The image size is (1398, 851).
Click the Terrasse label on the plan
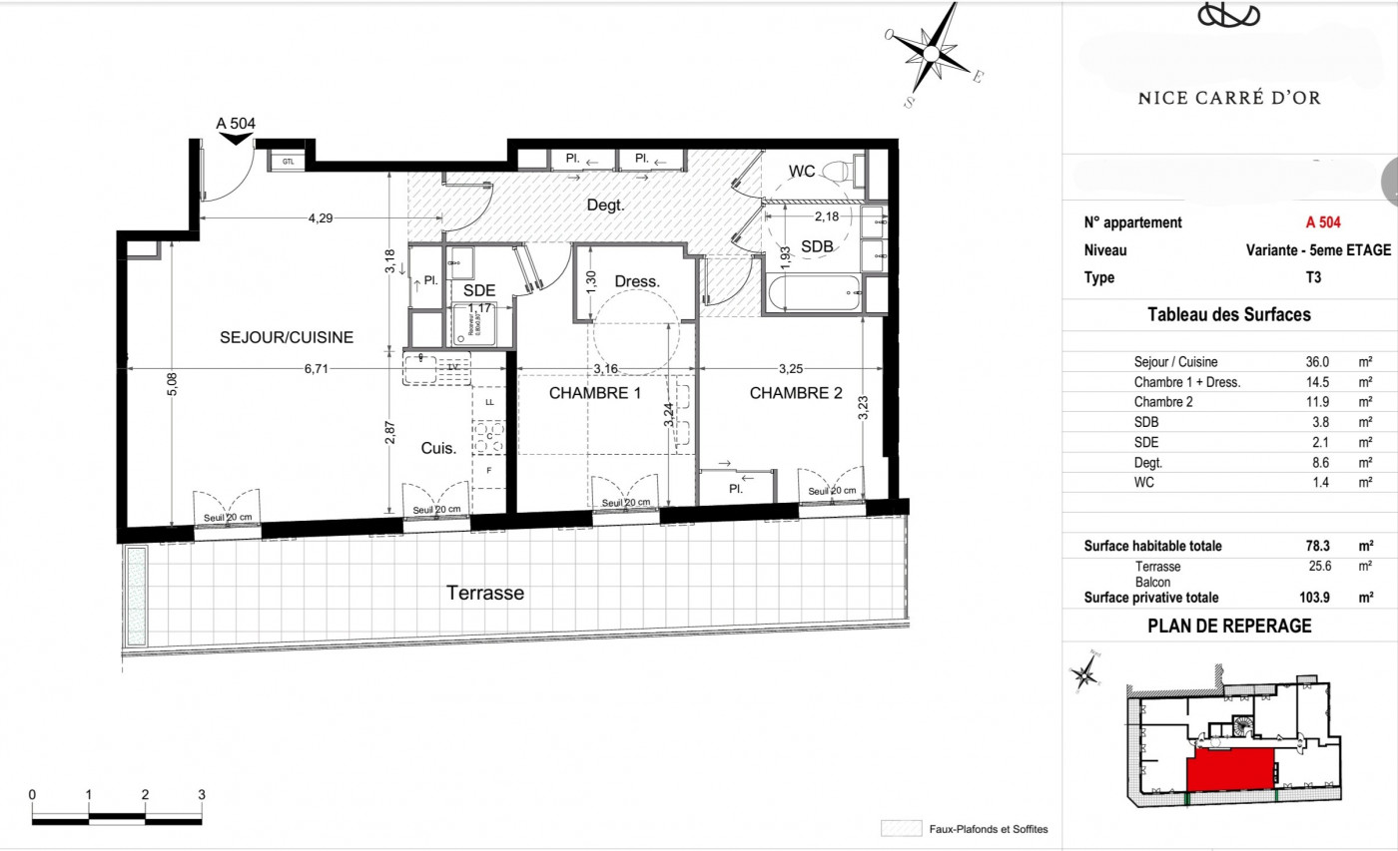pyautogui.click(x=484, y=593)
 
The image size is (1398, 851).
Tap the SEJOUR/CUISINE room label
pyautogui.click(x=287, y=337)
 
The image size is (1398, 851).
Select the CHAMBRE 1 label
pyautogui.click(x=595, y=393)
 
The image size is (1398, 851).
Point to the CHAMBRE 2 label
pyautogui.click(x=796, y=393)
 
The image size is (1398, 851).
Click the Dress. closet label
pyautogui.click(x=637, y=281)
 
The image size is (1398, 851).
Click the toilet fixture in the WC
pyautogui.click(x=844, y=171)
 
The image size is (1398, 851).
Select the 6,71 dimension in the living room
pyautogui.click(x=316, y=368)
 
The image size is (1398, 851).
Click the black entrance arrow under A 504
pyautogui.click(x=237, y=139)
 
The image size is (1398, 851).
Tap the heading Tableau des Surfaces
pyautogui.click(x=1229, y=315)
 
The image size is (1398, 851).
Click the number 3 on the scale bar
pyautogui.click(x=202, y=794)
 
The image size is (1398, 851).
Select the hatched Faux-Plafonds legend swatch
pyautogui.click(x=901, y=829)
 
